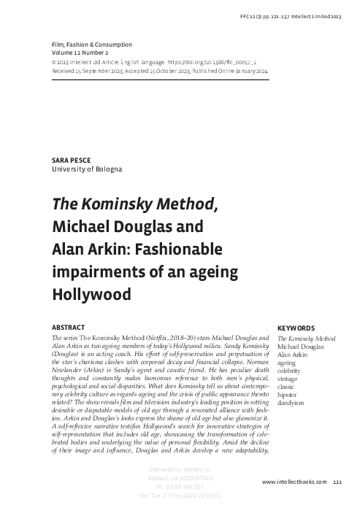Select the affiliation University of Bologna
pyautogui.click(x=85, y=169)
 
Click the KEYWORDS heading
pyautogui.click(x=296, y=328)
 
